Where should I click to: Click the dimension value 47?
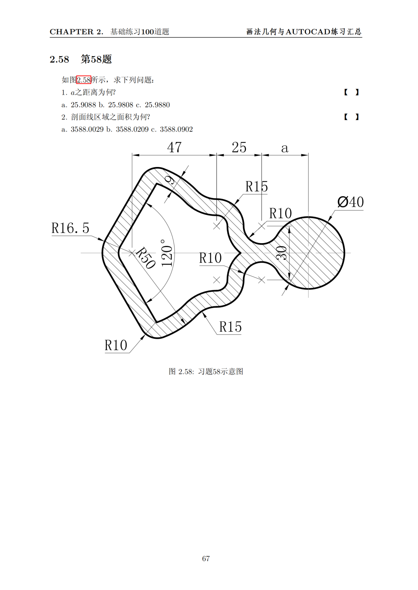[x=174, y=147]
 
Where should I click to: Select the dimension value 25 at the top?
[x=239, y=147]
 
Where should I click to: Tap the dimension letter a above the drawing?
[x=285, y=148]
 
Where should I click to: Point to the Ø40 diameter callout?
[x=350, y=202]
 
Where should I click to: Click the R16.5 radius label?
[x=70, y=228]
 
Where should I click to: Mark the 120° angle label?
[x=167, y=253]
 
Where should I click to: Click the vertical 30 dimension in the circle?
[x=281, y=253]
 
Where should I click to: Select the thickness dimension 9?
[x=170, y=180]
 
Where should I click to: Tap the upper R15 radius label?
[x=256, y=187]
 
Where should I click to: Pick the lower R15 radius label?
[x=230, y=327]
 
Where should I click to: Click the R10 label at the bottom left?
[x=116, y=345]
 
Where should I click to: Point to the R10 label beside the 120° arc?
[x=210, y=258]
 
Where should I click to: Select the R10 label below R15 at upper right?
[x=280, y=214]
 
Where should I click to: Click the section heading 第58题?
[x=96, y=59]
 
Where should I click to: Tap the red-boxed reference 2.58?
[x=84, y=80]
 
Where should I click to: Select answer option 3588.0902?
[x=176, y=129]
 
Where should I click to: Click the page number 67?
[x=206, y=558]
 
